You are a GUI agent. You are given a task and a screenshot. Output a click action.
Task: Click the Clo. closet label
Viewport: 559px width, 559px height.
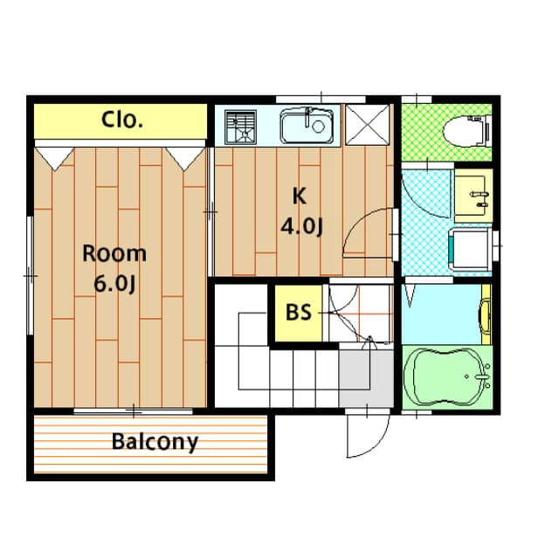coord(121,120)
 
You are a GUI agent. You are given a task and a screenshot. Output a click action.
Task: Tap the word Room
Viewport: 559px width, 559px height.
coord(114,254)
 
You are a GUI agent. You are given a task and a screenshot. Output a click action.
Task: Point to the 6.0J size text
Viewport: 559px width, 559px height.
coord(114,284)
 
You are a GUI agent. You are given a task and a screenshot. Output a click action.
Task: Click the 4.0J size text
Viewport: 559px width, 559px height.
coord(301,226)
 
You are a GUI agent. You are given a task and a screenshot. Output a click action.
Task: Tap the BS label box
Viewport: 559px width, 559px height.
coord(299,313)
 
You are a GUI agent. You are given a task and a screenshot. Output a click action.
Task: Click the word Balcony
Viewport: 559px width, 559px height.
coord(155,441)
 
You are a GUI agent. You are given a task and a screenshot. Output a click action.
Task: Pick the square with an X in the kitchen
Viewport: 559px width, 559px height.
coord(368,123)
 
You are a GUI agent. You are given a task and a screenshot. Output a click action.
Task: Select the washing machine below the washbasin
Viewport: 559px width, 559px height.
coord(467,248)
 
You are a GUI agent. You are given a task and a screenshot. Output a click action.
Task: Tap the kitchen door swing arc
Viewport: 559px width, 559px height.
coord(367,231)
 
